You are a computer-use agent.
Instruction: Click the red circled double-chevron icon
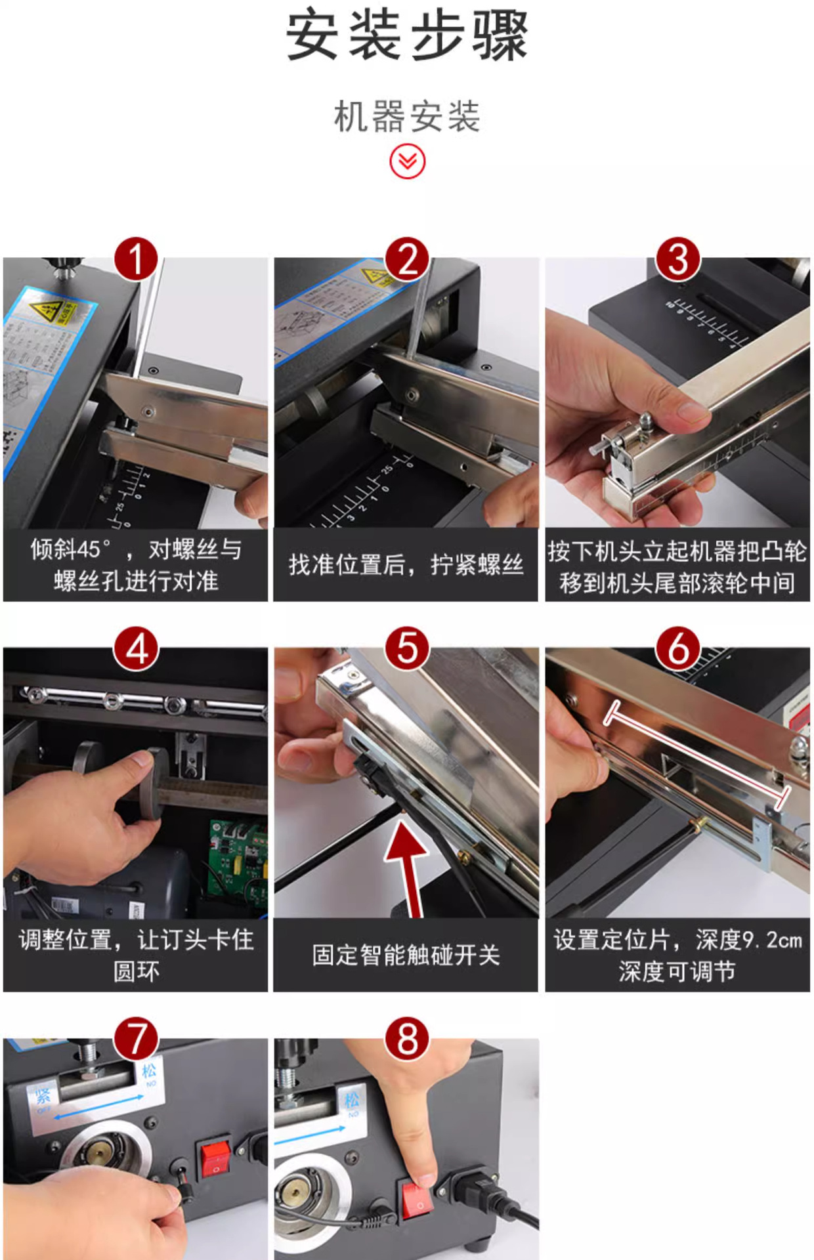407,161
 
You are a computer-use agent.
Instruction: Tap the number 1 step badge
136,259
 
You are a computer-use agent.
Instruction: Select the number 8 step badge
407,1039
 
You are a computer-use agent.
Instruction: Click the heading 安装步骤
407,36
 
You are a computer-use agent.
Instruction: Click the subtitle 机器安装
407,117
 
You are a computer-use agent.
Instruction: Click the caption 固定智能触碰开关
406,955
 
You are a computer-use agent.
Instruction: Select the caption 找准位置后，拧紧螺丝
406,564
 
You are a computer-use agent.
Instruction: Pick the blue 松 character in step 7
149,1071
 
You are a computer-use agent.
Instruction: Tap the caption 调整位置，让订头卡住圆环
136,955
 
